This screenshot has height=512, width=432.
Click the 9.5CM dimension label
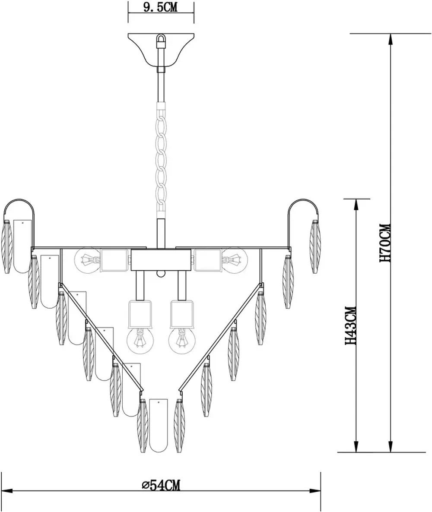tap(160, 7)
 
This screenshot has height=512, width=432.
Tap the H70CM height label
tap(386, 243)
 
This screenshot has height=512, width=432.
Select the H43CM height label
tap(351, 326)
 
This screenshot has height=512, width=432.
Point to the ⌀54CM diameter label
tap(161, 485)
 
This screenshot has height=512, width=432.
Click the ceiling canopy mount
tap(161, 50)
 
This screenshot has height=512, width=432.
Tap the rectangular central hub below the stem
tap(161, 261)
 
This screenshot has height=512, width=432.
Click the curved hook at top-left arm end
tap(19, 207)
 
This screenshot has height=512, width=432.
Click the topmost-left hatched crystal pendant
tap(7, 247)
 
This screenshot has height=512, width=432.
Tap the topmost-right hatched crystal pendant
tap(315, 247)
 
